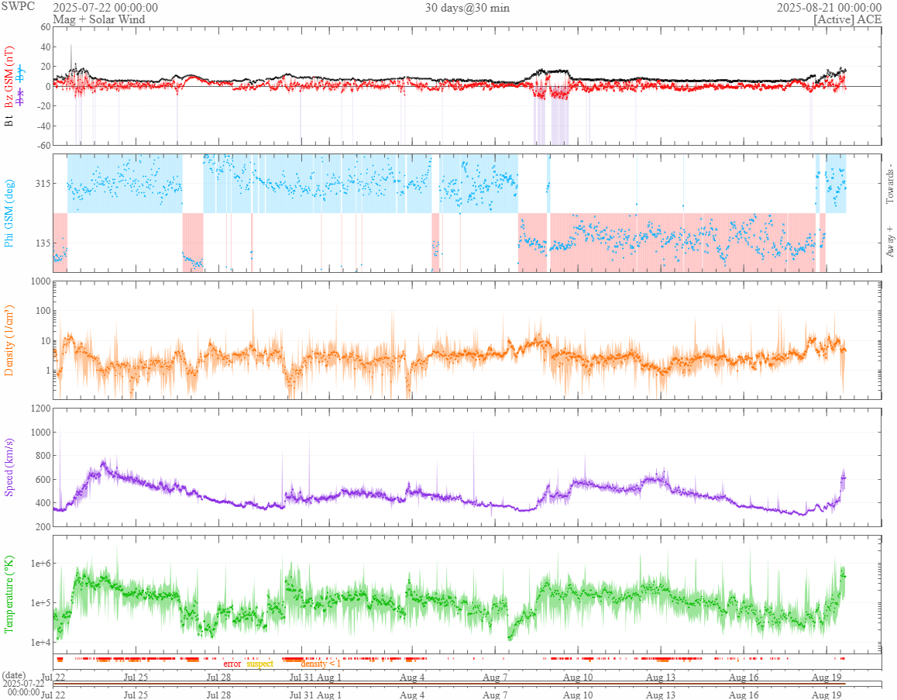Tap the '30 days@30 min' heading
click(467, 8)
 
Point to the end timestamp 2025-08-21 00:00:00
click(829, 8)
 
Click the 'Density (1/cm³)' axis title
click(9, 340)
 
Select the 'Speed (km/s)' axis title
click(9, 467)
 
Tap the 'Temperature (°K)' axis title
click(9, 594)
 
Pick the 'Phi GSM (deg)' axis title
click(9, 212)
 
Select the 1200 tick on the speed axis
click(40, 409)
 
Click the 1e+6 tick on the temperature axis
click(37, 564)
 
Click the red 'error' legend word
click(232, 664)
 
